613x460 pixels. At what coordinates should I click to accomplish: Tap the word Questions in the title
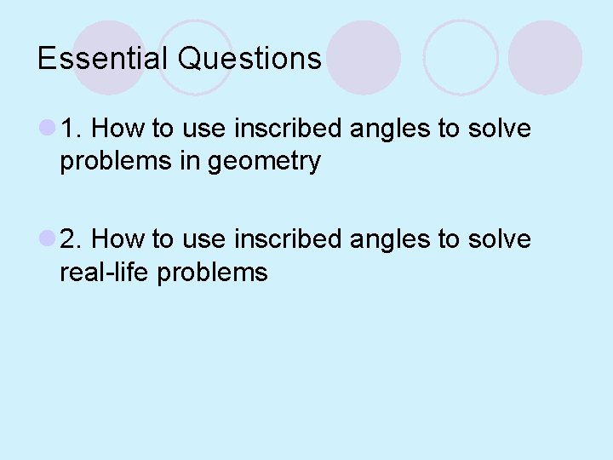249,59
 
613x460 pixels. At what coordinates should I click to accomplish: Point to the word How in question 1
117,129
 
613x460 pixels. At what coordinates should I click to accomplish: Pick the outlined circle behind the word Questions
194,57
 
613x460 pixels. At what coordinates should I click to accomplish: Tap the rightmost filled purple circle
545,57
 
